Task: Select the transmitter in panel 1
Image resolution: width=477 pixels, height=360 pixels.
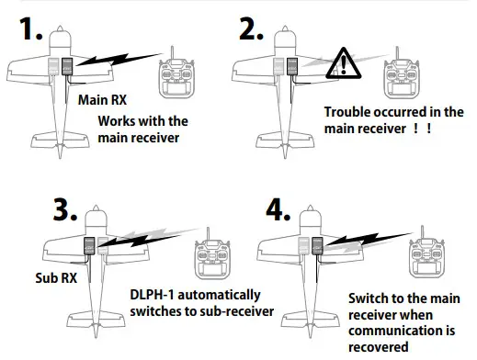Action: (x=179, y=77)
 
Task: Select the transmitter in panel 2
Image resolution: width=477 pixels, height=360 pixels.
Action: (x=404, y=79)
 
